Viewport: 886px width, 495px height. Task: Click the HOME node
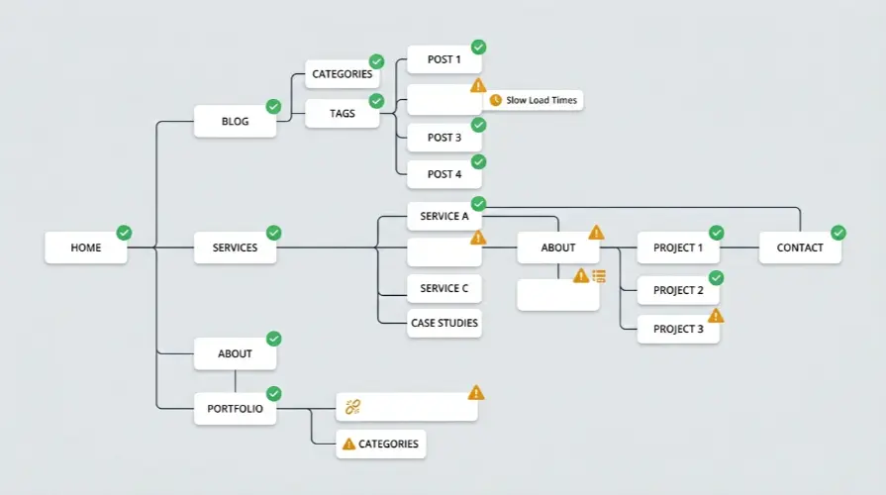86,247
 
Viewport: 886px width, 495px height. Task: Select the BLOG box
235,121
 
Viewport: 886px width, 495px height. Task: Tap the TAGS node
343,113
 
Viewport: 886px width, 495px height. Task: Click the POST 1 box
444,59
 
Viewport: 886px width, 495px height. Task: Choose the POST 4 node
444,174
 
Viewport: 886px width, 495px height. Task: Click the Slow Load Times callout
534,100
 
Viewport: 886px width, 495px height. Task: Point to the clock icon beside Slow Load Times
496,100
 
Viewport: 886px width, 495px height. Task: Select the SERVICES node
235,247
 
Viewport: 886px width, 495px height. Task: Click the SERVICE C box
444,288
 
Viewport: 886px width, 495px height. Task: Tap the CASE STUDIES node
444,323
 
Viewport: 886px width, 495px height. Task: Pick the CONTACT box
800,247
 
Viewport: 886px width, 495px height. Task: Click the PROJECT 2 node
678,290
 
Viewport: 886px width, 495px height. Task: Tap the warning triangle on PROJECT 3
716,315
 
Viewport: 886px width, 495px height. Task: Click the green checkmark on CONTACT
838,233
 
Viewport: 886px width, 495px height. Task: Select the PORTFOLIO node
235,409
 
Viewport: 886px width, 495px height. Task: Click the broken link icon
352,406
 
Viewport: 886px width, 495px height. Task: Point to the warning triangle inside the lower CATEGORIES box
349,445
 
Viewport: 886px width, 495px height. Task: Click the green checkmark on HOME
124,233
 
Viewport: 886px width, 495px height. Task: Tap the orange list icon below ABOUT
599,276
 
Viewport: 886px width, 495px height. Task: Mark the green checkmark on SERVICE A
478,203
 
